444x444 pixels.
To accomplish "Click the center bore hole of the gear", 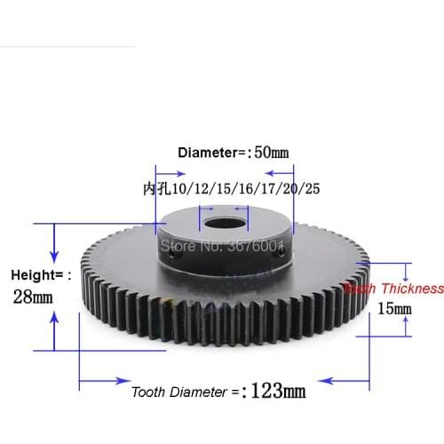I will coord(221,216).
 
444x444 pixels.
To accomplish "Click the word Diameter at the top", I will coord(210,152).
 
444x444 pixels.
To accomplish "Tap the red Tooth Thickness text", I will coord(394,289).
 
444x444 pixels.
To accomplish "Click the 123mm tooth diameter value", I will coord(279,390).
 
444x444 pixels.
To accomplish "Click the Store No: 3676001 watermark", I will coord(218,243).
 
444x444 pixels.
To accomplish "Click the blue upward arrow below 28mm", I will coord(56,333).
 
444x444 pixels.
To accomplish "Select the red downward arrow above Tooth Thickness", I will coord(408,272).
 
